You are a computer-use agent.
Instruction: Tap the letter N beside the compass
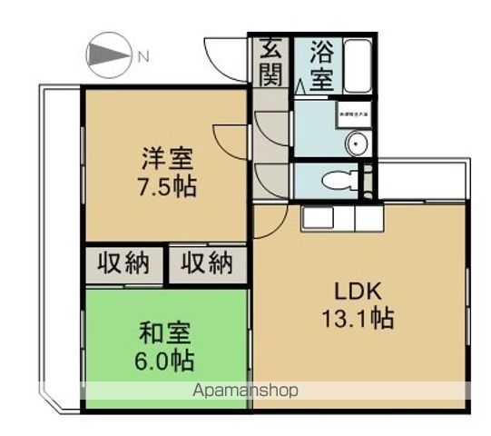[142, 58]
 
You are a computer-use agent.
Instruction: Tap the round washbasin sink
[357, 143]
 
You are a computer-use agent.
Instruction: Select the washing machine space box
[354, 115]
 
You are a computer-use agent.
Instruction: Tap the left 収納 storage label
[125, 265]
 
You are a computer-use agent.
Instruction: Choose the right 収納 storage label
[207, 265]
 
